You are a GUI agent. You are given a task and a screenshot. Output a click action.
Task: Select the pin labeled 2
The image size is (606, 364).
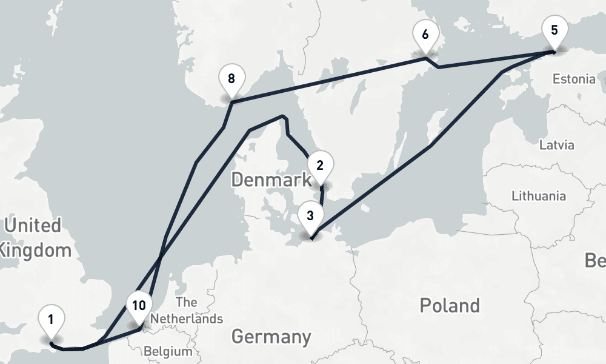click(320, 166)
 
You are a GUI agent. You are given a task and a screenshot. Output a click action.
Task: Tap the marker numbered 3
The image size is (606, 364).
click(310, 216)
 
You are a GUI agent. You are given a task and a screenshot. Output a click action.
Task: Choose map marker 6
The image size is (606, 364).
click(425, 35)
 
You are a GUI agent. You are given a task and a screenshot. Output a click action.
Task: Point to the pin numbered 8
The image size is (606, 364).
click(231, 79)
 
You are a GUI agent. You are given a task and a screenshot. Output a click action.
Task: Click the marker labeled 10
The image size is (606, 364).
click(139, 306)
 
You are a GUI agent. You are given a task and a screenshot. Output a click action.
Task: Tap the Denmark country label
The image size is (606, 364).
click(271, 180)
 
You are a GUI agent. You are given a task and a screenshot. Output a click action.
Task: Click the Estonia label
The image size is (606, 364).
click(573, 79)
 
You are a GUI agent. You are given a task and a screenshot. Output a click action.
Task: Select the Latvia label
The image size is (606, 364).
click(556, 145)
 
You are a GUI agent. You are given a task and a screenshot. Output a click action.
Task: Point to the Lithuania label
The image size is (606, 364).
click(539, 196)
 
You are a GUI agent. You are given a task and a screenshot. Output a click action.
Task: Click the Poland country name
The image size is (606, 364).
click(449, 305)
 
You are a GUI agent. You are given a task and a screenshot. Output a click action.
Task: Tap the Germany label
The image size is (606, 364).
click(271, 336)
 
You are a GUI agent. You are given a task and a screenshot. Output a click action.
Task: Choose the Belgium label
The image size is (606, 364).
click(168, 351)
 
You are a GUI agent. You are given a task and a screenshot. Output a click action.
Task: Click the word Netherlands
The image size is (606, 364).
click(187, 318)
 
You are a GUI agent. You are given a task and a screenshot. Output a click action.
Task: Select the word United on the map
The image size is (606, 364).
click(33, 226)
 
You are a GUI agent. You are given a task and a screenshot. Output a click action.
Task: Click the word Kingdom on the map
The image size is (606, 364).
click(36, 249)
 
